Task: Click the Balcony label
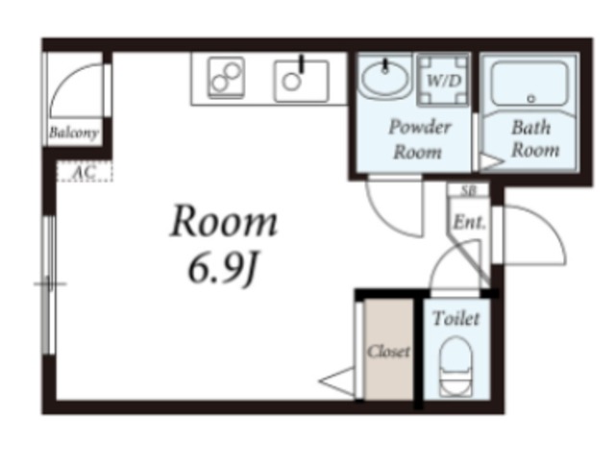pos(73,133)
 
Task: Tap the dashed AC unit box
pos(85,171)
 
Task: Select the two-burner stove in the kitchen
pos(226,78)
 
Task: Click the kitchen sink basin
pos(301,82)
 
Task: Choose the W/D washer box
pos(443,81)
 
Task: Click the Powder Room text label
pos(419,139)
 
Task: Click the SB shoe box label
pos(468,190)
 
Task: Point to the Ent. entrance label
pos(469,222)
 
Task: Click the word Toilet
pos(455,318)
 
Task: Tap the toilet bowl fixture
pos(455,366)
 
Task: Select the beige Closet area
pos(388,350)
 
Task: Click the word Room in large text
pos(224,221)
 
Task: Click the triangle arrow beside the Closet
pos(336,380)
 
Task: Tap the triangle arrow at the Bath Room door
pos(492,161)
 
